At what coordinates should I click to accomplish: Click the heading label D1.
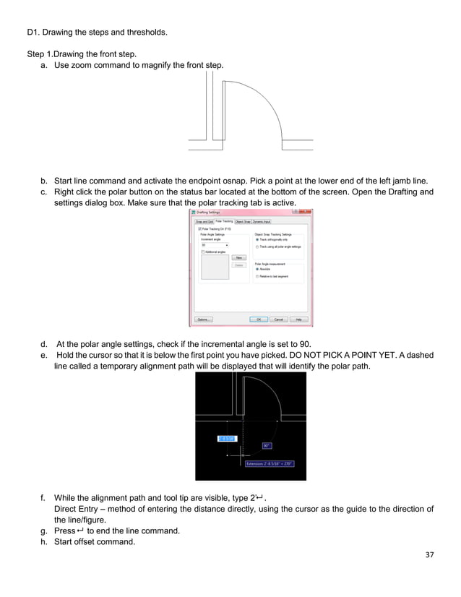pyautogui.click(x=34, y=32)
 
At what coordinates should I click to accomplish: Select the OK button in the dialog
pyautogui.click(x=258, y=319)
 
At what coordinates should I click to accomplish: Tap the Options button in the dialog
pyautogui.click(x=203, y=319)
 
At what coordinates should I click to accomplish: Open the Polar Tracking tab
pyautogui.click(x=224, y=222)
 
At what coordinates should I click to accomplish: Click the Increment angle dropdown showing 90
pyautogui.click(x=215, y=245)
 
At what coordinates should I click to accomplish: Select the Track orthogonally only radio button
pyautogui.click(x=258, y=239)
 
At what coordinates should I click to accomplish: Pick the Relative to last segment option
pyautogui.click(x=258, y=276)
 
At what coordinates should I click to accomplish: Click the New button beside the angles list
pyautogui.click(x=238, y=257)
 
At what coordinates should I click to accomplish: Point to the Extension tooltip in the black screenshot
pyautogui.click(x=269, y=463)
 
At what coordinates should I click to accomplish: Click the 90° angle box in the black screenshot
pyautogui.click(x=267, y=445)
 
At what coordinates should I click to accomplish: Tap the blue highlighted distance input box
pyautogui.click(x=225, y=437)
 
